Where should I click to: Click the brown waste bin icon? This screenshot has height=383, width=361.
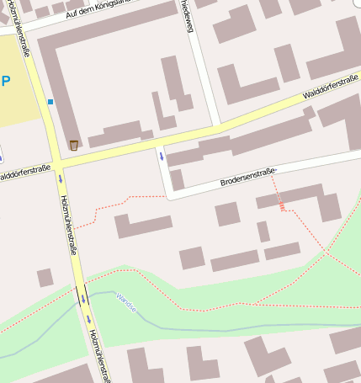click(73, 145)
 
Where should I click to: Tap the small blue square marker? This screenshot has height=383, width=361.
click(50, 102)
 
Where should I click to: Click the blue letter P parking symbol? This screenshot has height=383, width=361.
click(6, 82)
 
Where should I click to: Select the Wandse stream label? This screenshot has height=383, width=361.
click(126, 303)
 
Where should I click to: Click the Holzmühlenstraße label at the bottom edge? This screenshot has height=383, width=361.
click(99, 356)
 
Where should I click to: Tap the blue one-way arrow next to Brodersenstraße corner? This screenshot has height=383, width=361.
click(161, 156)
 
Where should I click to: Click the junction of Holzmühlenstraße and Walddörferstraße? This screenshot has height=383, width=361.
click(57, 161)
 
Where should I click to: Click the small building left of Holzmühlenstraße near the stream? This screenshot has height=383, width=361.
click(45, 277)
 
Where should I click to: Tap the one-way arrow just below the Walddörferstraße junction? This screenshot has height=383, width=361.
click(61, 178)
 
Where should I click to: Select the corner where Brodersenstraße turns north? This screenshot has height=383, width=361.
click(167, 195)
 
